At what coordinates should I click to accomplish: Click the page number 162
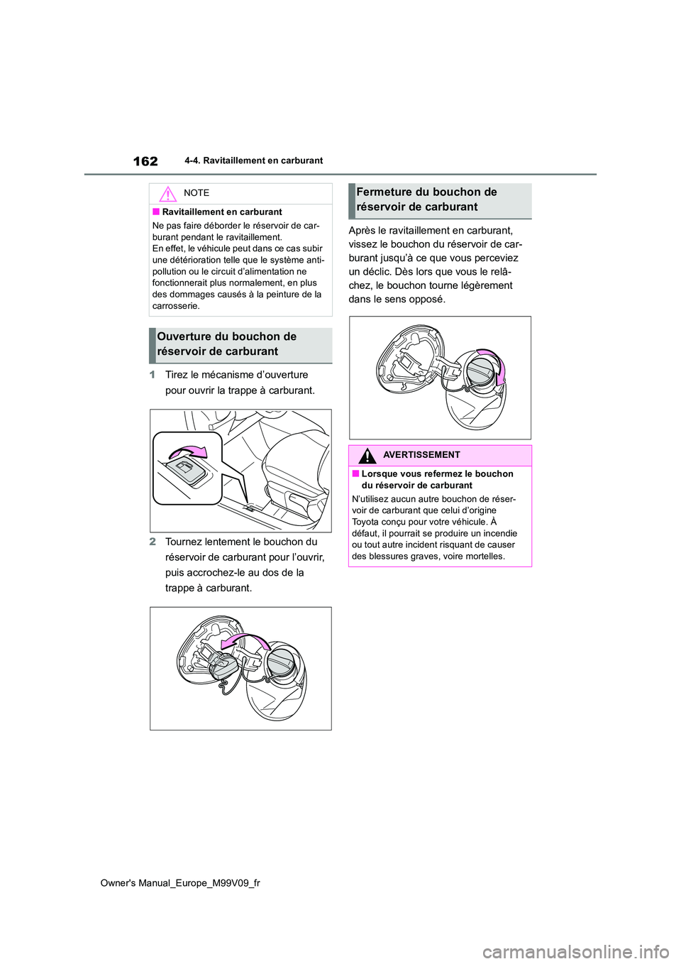coord(145,161)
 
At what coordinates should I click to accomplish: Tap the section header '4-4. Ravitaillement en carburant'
coord(253,161)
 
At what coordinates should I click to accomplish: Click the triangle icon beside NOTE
coord(167,194)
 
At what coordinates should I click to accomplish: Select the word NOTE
coord(196,193)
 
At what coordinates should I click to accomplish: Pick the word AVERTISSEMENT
coord(421,455)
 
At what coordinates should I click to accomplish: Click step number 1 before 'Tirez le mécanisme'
coord(153,375)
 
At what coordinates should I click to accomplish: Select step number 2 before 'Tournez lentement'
coord(153,542)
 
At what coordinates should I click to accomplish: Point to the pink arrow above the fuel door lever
coord(191,452)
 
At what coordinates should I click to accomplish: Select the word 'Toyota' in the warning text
coord(366,522)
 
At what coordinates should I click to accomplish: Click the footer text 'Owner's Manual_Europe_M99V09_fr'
coord(180,883)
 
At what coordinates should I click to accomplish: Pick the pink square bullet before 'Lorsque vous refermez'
coord(355,474)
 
